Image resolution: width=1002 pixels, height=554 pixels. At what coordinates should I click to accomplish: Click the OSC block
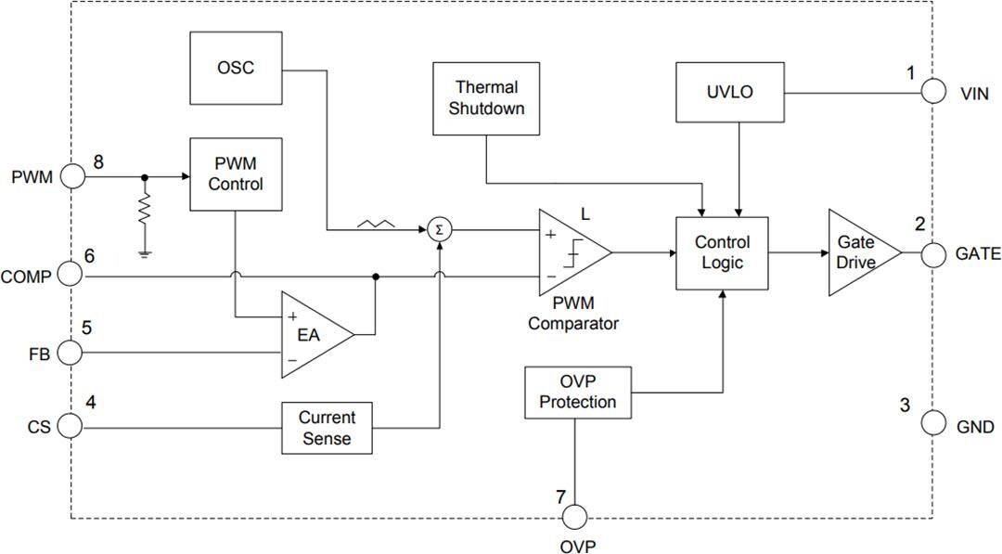235,69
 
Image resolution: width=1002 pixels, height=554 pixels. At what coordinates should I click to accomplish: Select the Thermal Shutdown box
486,97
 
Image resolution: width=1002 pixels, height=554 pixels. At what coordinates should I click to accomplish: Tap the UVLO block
729,93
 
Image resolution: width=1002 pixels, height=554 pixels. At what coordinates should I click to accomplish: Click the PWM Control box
235,174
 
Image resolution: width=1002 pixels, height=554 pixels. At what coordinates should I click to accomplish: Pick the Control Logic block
722,252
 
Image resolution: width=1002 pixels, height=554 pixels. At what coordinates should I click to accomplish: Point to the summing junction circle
439,230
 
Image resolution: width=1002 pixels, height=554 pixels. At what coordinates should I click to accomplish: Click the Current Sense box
327,427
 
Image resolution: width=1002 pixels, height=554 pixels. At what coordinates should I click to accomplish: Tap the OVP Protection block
577,393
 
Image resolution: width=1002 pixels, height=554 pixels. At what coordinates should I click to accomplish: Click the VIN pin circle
933,93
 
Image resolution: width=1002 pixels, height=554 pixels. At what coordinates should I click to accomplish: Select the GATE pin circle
933,252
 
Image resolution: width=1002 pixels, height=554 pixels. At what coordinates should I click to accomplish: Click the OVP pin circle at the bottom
575,518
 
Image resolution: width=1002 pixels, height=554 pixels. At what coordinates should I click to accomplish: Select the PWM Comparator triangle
570,252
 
